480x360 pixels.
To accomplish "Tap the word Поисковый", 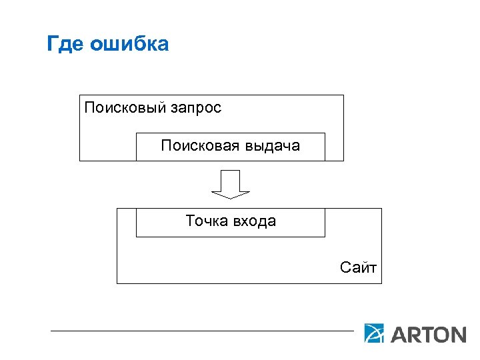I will coord(119,107).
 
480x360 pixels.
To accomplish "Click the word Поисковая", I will coord(199,145).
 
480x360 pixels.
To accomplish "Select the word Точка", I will coord(207,221).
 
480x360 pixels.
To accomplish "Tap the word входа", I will coord(254,221).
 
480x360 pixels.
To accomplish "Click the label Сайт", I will coord(358,268).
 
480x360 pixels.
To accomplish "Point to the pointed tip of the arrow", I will coord(231,197).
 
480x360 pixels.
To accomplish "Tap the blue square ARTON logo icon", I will coord(375,333).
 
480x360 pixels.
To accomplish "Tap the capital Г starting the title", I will coord(53,44).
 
